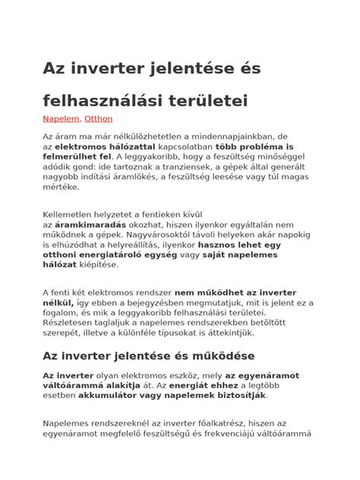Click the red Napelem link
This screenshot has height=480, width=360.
click(x=61, y=119)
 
